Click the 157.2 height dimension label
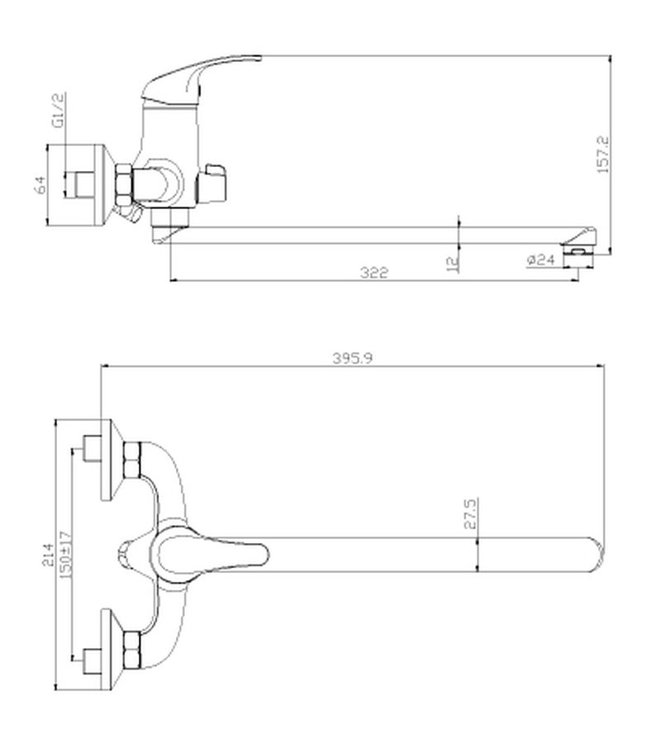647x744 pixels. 603,154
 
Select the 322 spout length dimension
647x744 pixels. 373,272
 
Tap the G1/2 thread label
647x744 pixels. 58,111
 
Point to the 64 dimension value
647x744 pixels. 40,184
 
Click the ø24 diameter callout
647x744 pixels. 540,260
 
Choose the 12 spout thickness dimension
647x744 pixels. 453,264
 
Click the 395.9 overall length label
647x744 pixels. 353,358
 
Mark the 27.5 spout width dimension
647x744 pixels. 470,513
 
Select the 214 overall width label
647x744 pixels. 49,555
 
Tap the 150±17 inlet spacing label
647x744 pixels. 65,554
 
